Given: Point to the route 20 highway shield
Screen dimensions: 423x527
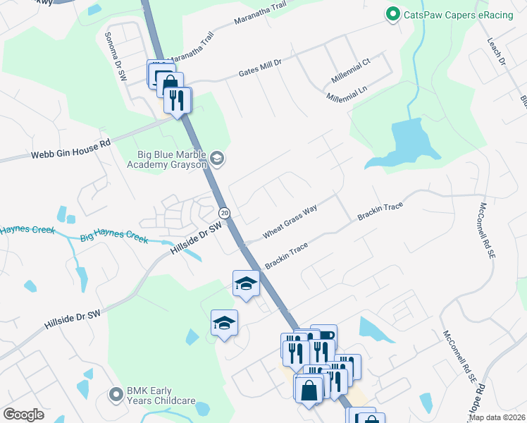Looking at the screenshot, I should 224,212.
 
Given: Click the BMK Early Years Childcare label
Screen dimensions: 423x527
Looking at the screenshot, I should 161,396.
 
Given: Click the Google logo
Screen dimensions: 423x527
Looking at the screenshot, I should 23,415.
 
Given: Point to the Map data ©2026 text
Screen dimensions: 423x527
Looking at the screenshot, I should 497,417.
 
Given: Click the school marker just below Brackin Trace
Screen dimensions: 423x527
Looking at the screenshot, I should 245,283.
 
